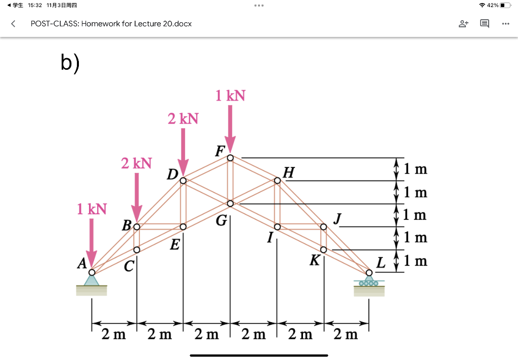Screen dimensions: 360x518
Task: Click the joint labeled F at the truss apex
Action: coord(230,158)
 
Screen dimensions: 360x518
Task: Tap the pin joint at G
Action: coord(230,203)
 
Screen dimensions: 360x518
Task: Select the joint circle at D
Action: coord(183,181)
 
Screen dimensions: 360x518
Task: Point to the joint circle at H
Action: coord(277,181)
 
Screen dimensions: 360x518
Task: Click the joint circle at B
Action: coord(137,226)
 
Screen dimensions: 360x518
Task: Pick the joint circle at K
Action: coord(324,249)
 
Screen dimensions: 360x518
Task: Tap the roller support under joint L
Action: coord(369,281)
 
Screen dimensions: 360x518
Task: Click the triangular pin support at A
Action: coord(92,280)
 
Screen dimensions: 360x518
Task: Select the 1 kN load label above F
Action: coord(230,96)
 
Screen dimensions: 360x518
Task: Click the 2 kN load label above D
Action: coord(183,119)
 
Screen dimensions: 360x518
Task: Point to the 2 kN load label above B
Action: coord(136,163)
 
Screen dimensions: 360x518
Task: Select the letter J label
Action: coord(337,219)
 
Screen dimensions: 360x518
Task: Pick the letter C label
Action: coord(129,265)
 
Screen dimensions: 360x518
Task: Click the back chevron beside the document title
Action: coord(13,24)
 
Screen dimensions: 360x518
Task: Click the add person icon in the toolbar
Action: coord(463,24)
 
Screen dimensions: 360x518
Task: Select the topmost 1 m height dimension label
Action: coord(416,169)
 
